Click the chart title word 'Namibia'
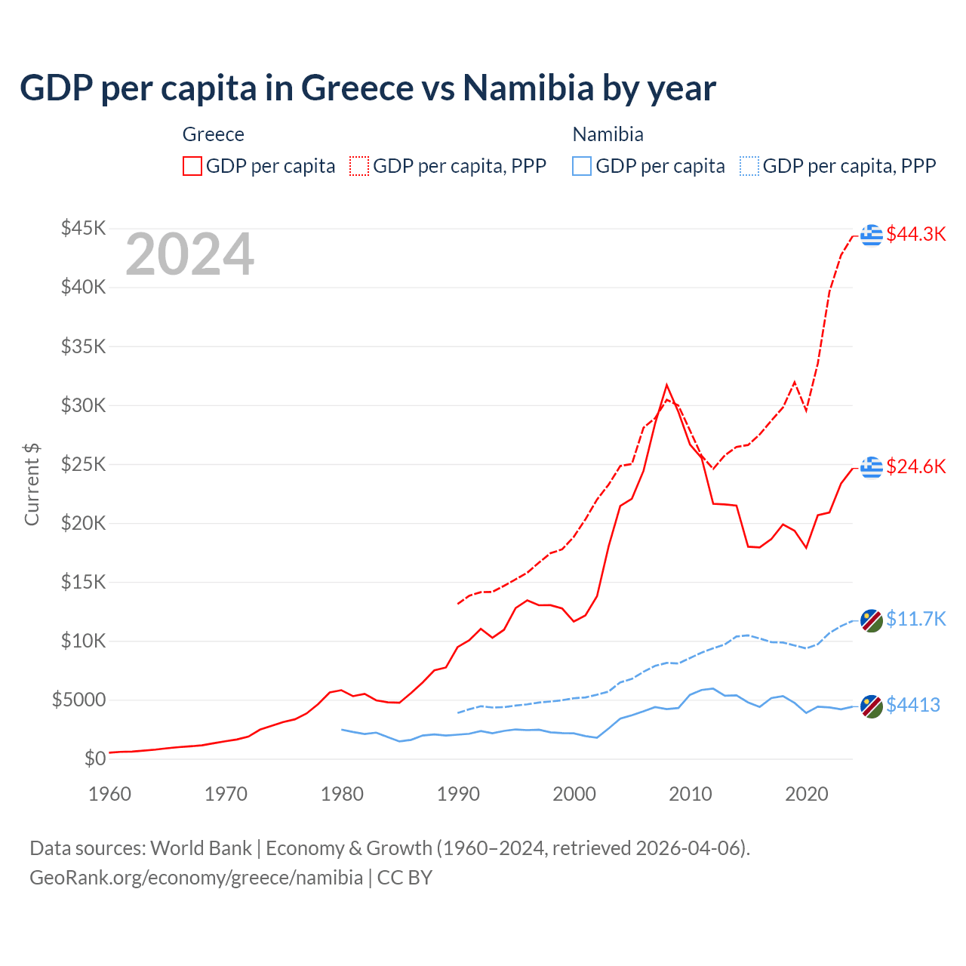coord(528,88)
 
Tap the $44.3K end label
coord(915,234)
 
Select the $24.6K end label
coord(915,466)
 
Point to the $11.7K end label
coord(915,619)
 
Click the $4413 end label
coord(912,705)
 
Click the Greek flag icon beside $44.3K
coord(872,235)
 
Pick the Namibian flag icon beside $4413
coord(872,706)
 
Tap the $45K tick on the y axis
coord(83,228)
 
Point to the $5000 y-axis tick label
coord(78,700)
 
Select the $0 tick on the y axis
coord(94,758)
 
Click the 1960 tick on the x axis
coord(110,794)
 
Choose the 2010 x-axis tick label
coord(691,794)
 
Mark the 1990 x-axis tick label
coord(458,794)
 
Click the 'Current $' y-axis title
coord(32,485)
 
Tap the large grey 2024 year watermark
coord(189,254)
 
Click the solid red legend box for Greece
coord(192,166)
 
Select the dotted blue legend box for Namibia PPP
coord(749,166)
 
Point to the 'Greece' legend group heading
coord(214,134)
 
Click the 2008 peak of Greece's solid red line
coord(666,385)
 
